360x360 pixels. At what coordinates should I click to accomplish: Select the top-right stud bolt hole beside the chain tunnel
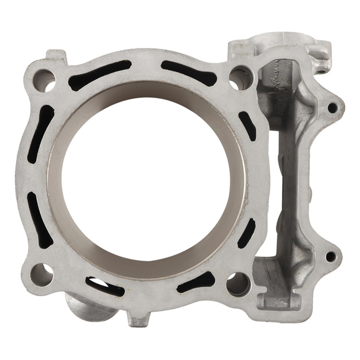pos(241,77)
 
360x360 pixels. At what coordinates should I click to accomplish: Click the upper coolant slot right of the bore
pos(247,126)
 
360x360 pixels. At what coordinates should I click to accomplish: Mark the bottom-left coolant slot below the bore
pos(106,284)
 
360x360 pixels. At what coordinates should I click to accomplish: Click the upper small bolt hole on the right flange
pos(332,108)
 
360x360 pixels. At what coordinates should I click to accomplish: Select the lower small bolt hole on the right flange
pos(331,257)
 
